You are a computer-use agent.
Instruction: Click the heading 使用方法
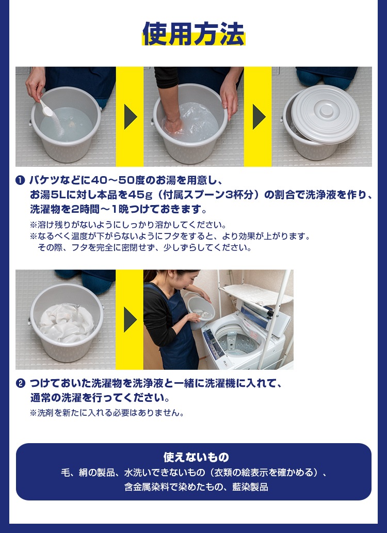point(193,34)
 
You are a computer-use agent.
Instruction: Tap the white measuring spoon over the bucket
point(46,108)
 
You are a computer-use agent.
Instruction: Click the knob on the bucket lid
point(327,110)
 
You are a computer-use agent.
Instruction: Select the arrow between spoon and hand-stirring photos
point(131,117)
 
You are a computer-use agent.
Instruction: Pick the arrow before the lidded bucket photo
point(259,117)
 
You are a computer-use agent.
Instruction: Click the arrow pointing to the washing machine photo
point(131,320)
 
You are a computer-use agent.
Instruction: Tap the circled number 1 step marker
point(20,180)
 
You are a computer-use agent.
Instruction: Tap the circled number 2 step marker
point(20,383)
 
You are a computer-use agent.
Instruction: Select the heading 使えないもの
point(196,457)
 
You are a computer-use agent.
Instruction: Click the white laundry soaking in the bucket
point(67,322)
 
